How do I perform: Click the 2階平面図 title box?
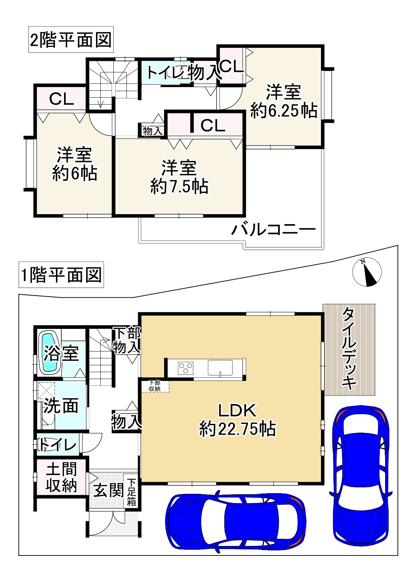tap(71, 40)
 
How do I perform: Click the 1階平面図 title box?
tap(61, 275)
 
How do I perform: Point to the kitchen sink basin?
tap(220, 368)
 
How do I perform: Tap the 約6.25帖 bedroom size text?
tap(284, 111)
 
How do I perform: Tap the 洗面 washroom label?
tap(61, 406)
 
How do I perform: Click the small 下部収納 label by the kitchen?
tap(154, 386)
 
